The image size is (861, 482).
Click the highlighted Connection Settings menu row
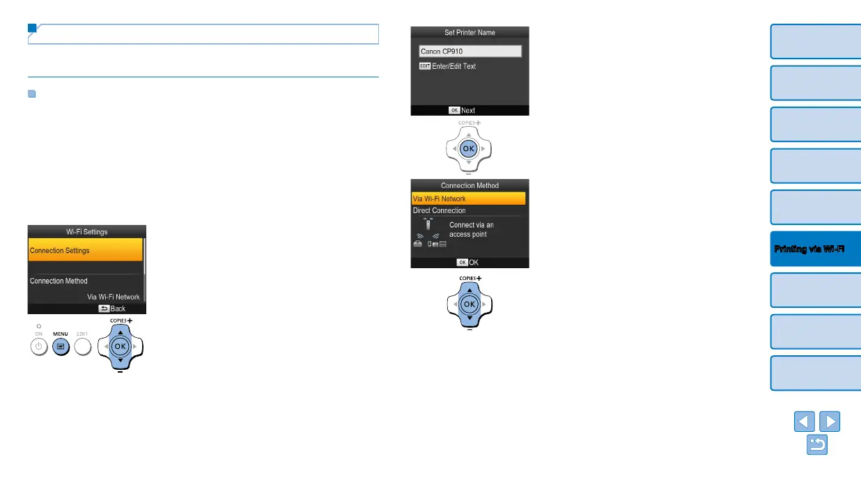tap(85, 251)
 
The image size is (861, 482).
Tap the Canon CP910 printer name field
tap(470, 52)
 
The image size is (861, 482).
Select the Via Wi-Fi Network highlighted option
tap(468, 199)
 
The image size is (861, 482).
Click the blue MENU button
tap(61, 346)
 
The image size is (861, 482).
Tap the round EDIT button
tap(82, 346)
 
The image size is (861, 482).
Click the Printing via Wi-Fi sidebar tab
tap(816, 249)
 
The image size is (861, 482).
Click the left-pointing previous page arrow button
tap(804, 422)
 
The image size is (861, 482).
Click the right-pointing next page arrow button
tap(830, 422)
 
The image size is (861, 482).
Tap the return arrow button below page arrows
tap(817, 445)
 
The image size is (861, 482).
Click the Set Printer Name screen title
tap(470, 32)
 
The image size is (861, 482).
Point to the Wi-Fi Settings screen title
tap(86, 231)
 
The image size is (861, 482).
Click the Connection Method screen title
tap(470, 185)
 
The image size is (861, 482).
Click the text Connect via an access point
tap(472, 230)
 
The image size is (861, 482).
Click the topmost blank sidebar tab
tap(816, 41)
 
